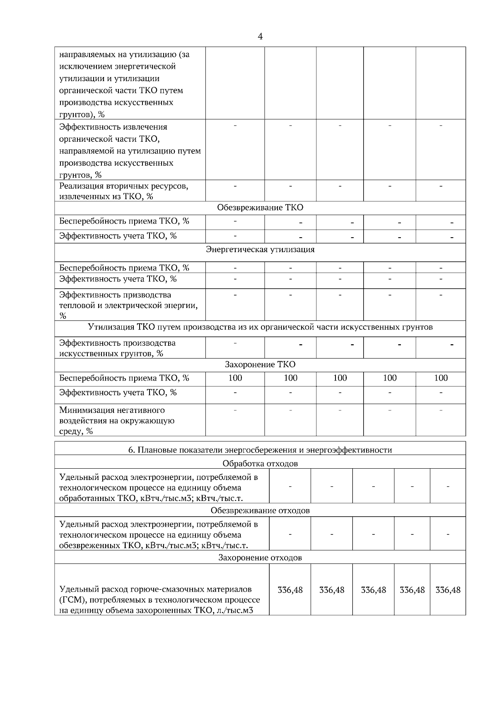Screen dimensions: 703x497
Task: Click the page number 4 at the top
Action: click(x=260, y=37)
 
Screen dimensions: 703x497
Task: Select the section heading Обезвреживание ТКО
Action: click(x=260, y=208)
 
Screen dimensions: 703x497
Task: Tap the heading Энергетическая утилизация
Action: click(x=260, y=250)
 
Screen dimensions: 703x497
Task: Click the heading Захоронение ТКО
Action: click(x=260, y=365)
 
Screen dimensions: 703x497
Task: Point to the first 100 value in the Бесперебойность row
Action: click(x=235, y=378)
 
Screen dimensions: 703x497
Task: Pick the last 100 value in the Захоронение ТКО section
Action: click(x=441, y=378)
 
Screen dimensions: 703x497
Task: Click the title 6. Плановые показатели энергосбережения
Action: click(x=260, y=450)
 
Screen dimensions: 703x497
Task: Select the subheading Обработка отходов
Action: click(x=260, y=464)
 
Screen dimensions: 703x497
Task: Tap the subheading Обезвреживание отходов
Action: click(x=260, y=511)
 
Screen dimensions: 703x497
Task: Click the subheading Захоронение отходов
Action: click(x=260, y=558)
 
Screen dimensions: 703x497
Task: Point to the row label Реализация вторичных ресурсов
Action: click(x=123, y=191)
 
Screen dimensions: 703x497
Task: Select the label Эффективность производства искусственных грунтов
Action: click(x=117, y=348)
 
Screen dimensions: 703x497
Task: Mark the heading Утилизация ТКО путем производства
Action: click(x=260, y=327)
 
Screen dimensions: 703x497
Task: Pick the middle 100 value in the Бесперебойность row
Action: click(x=340, y=378)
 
